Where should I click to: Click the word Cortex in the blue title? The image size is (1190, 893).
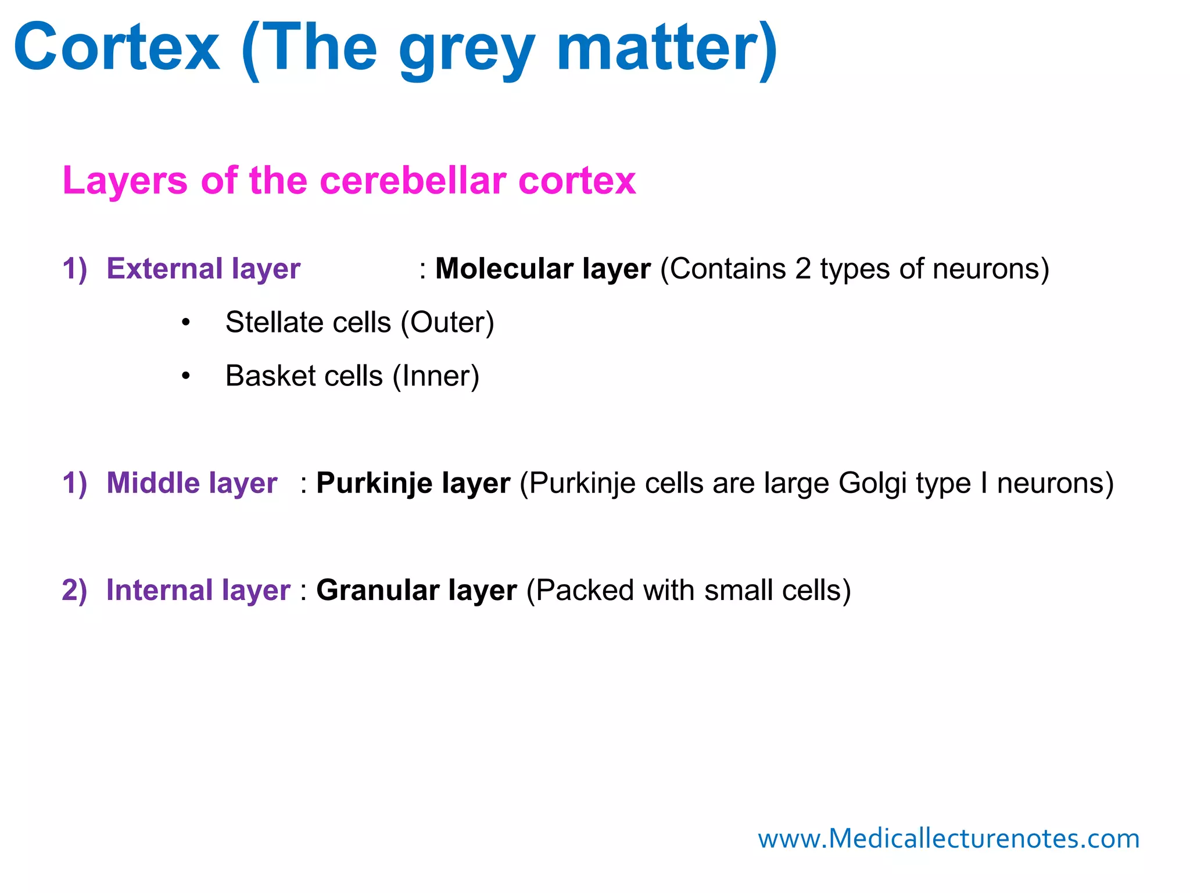(117, 48)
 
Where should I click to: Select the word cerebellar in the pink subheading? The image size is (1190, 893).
(413, 180)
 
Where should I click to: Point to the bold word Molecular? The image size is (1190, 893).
(504, 269)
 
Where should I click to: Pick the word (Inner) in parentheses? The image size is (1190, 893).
(436, 376)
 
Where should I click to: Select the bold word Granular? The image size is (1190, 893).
(378, 590)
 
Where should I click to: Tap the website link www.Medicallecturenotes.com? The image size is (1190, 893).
(948, 839)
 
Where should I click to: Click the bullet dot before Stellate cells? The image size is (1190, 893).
(185, 323)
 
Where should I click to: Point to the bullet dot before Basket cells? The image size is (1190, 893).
(185, 376)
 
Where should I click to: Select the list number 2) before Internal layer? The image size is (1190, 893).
(74, 590)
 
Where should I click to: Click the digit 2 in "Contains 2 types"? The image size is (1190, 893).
(803, 269)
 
